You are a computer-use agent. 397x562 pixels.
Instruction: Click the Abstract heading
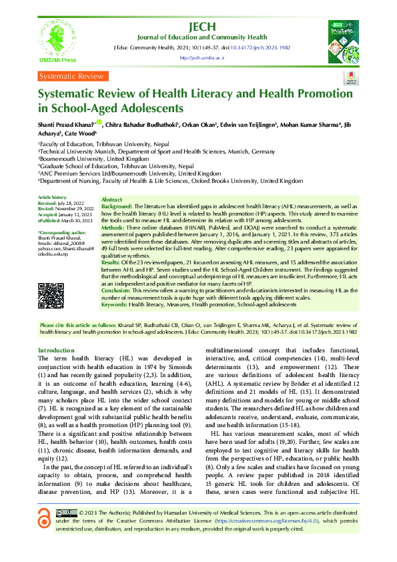(x=111, y=200)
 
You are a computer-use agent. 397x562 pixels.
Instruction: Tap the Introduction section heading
(x=56, y=350)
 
